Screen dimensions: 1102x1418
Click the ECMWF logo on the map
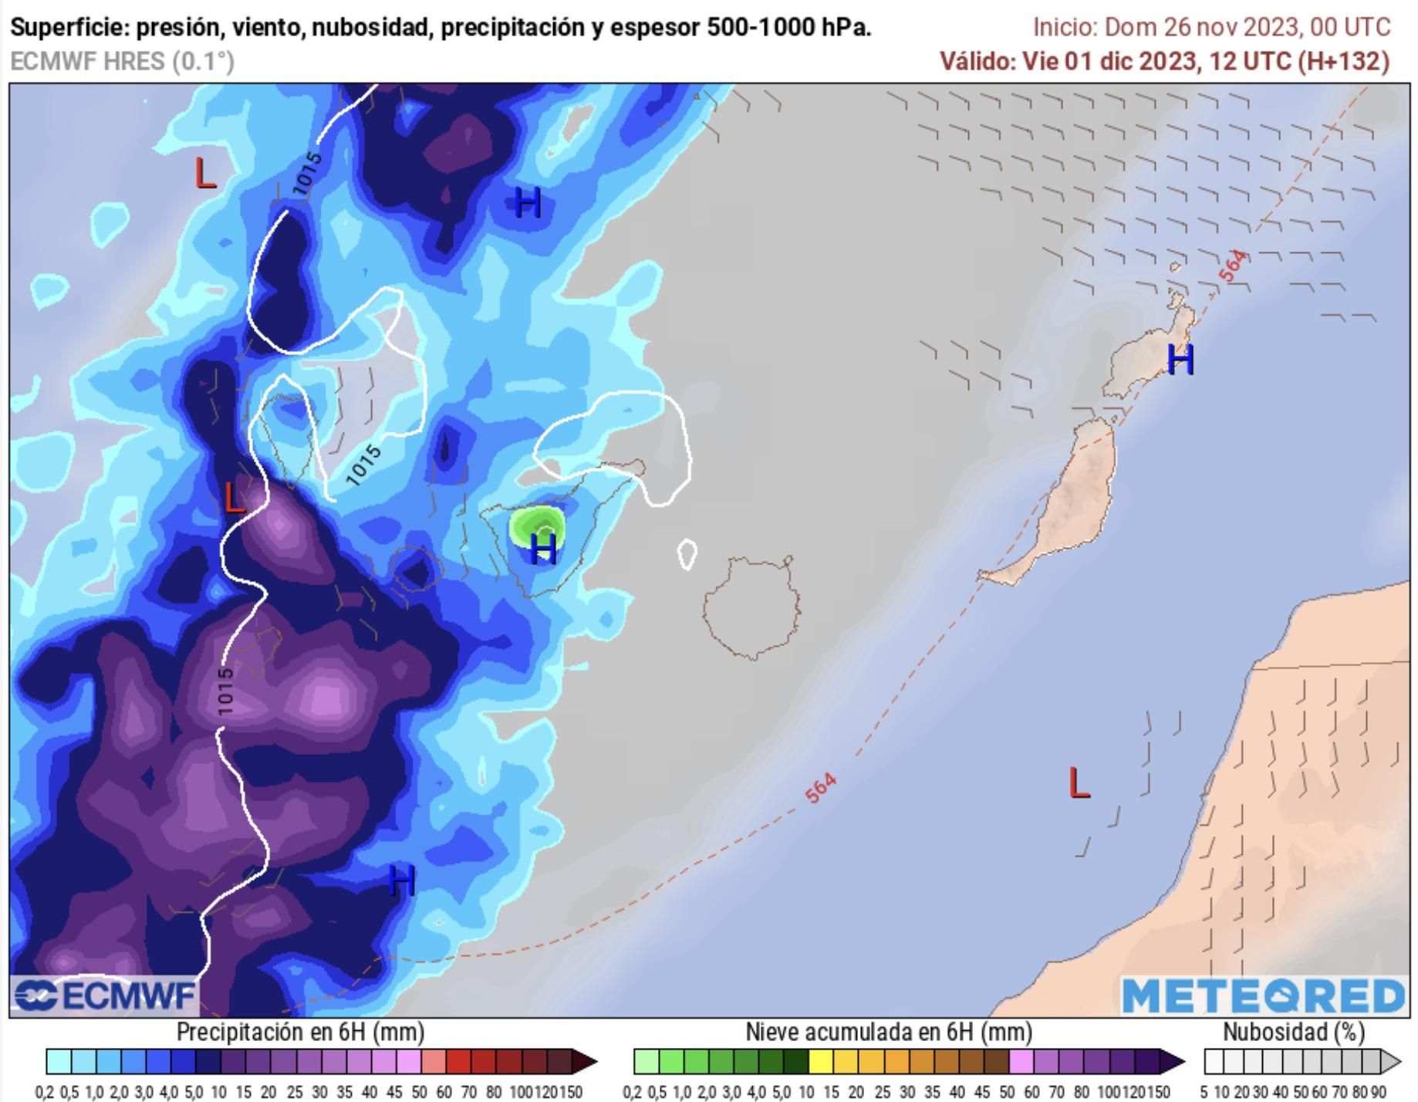pyautogui.click(x=105, y=996)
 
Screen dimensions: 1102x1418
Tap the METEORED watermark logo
pyautogui.click(x=1263, y=996)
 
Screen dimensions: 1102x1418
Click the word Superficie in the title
pyautogui.click(x=68, y=28)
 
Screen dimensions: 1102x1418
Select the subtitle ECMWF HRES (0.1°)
pyautogui.click(x=123, y=61)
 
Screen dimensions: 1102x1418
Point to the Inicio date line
pyautogui.click(x=1211, y=28)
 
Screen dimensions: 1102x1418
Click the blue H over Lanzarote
pyautogui.click(x=1180, y=360)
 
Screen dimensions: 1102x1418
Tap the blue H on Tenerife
pyautogui.click(x=545, y=549)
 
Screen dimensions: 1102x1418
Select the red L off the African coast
pyautogui.click(x=1079, y=784)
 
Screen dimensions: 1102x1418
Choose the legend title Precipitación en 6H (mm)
pyautogui.click(x=300, y=1033)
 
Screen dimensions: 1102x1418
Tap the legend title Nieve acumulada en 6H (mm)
pyautogui.click(x=888, y=1033)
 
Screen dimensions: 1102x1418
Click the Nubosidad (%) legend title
pyautogui.click(x=1294, y=1033)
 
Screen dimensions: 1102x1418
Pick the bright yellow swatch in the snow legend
pyautogui.click(x=820, y=1062)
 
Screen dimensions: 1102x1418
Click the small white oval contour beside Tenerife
pyautogui.click(x=687, y=553)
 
